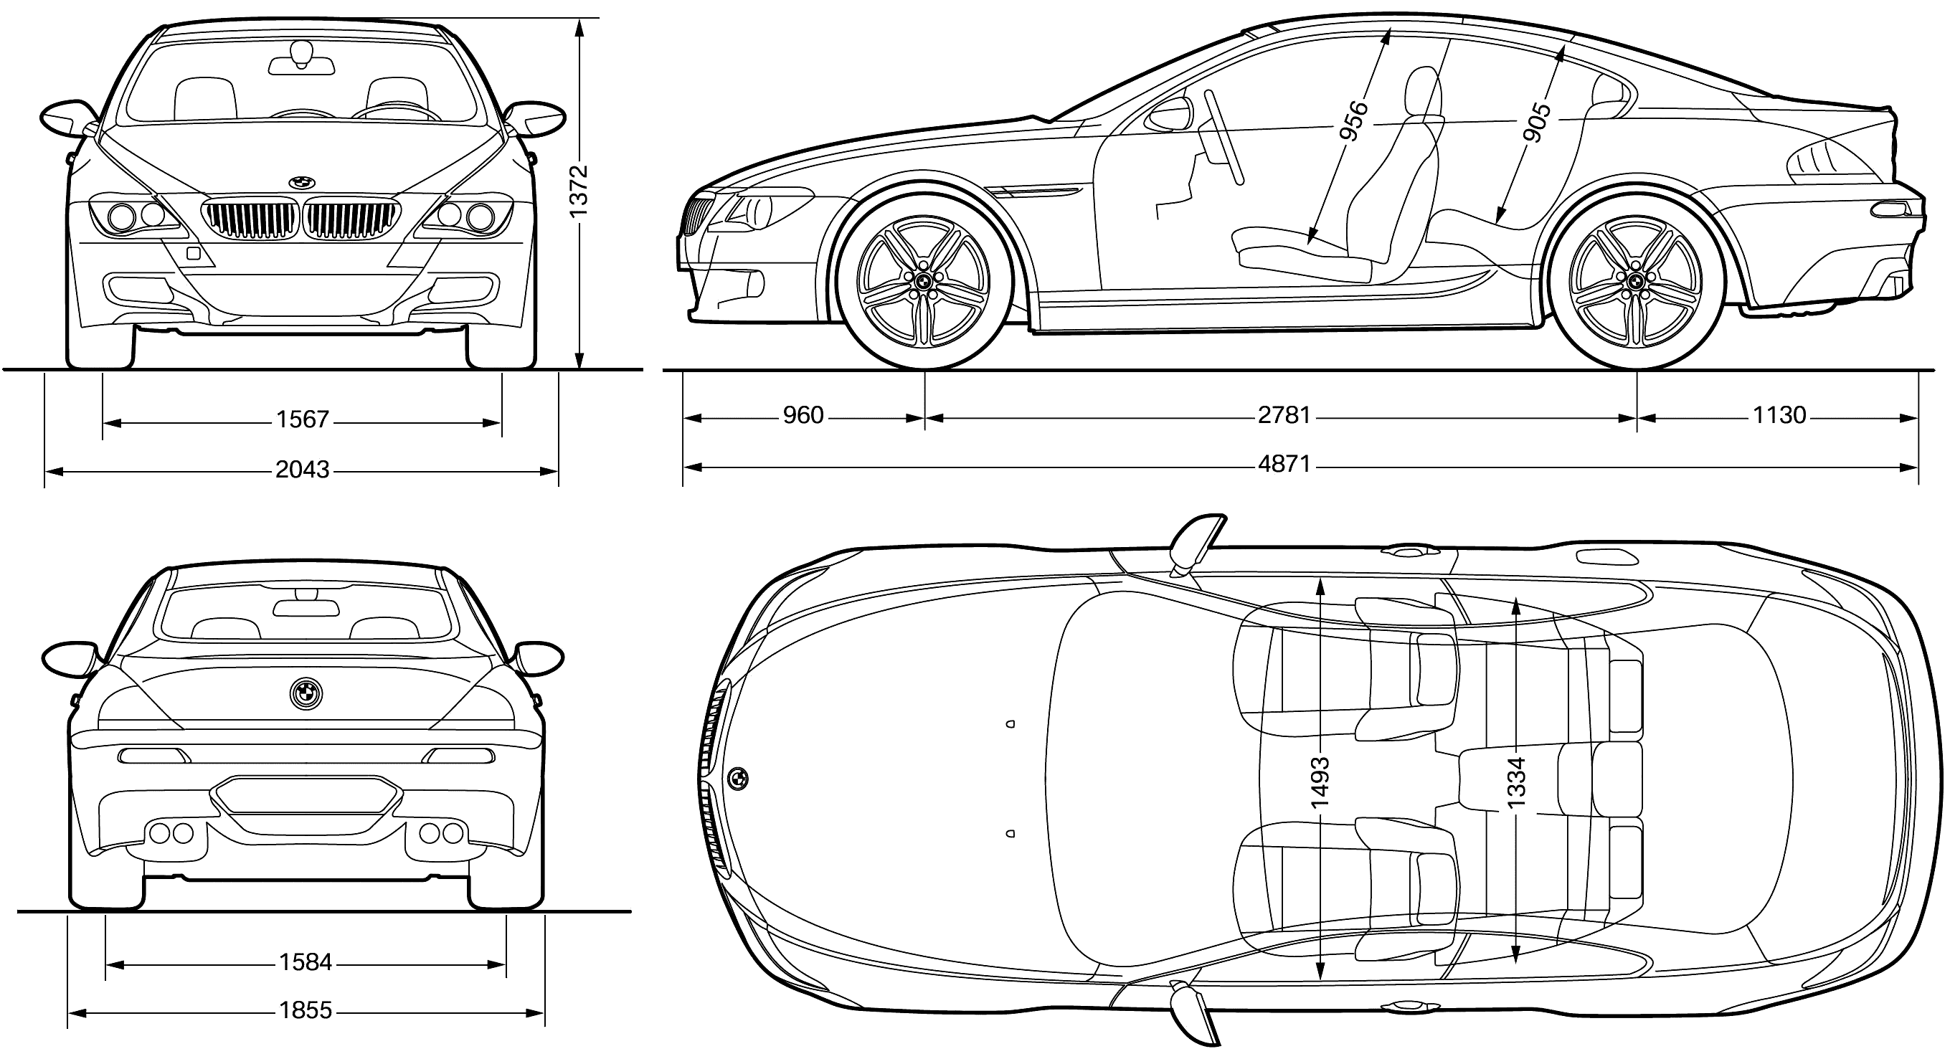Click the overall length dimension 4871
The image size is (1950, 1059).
(x=1284, y=463)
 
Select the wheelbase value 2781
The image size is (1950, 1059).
(x=1284, y=416)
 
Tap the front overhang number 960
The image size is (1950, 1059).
(x=803, y=416)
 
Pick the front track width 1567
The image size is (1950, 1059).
(x=302, y=419)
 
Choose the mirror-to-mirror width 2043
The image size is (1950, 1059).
(x=302, y=470)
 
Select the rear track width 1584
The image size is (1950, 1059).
(x=305, y=962)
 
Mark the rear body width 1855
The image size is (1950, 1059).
(x=305, y=1010)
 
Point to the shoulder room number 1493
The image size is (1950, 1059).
(x=1320, y=783)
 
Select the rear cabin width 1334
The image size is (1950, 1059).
(x=1515, y=783)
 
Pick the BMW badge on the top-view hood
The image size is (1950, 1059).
(x=738, y=778)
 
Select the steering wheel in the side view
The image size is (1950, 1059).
(x=1224, y=137)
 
